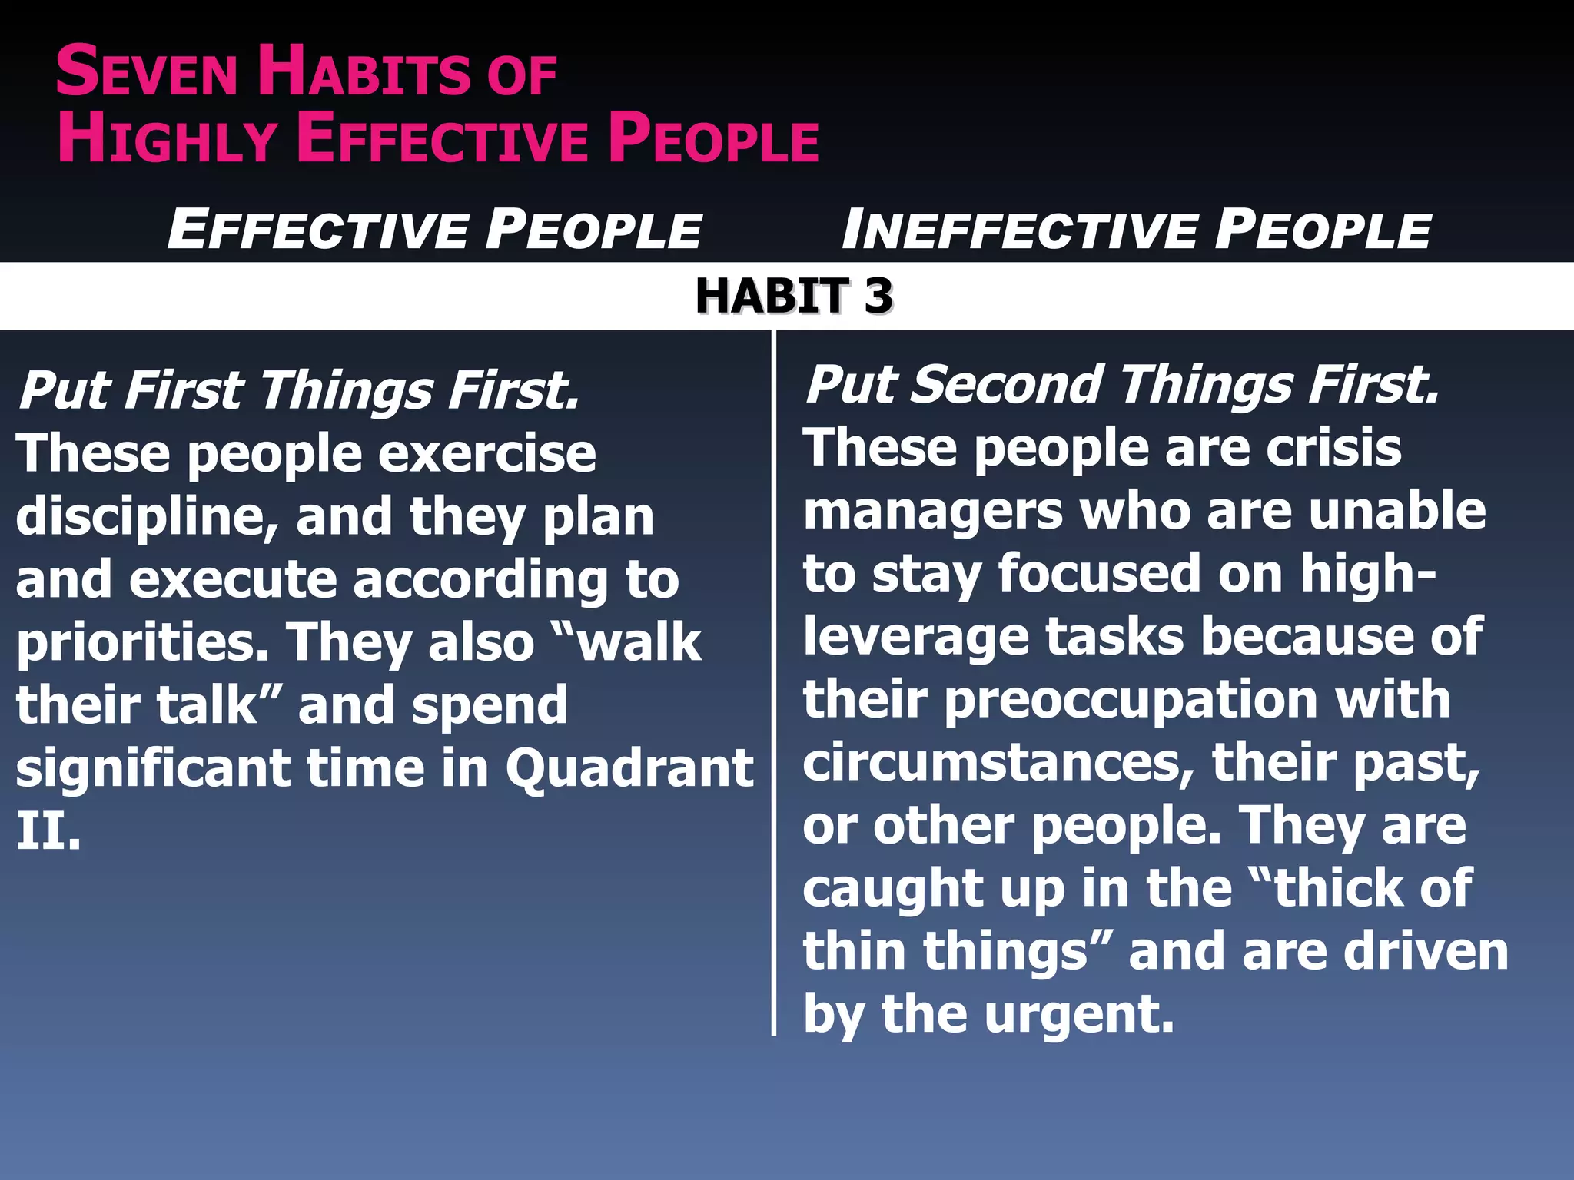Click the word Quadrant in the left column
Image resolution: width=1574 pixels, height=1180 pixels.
pos(629,767)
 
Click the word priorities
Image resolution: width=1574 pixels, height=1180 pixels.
pos(141,642)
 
